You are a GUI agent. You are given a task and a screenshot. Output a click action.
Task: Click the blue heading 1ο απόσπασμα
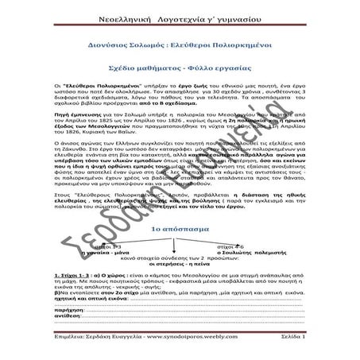179,226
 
